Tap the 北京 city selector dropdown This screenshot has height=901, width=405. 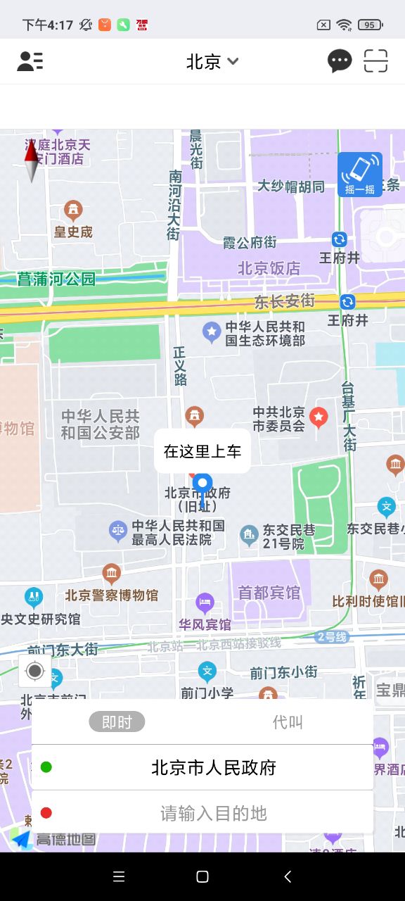212,62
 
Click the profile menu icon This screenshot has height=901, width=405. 30,62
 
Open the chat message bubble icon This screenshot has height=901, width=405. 340,62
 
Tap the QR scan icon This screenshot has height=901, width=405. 376,62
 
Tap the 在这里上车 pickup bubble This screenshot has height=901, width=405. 202,451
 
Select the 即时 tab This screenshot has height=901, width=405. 117,722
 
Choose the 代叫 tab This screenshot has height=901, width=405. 288,722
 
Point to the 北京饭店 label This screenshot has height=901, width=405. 269,268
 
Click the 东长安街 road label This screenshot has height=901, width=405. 284,301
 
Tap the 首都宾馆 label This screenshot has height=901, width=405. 269,593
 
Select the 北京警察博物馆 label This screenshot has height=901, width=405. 111,595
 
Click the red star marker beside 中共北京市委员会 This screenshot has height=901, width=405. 319,417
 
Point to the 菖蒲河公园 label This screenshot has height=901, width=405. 56,279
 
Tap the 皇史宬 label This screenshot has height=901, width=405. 73,232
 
